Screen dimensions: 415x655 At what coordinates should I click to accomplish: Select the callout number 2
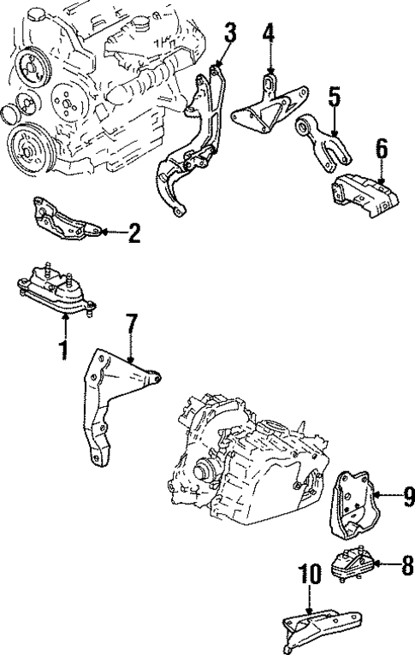(134, 233)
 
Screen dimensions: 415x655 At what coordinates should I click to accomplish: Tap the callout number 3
(230, 32)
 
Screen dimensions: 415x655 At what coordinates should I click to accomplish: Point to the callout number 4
(269, 32)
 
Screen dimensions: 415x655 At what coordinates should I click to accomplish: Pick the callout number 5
(335, 97)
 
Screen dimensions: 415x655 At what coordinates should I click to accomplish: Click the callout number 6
(382, 149)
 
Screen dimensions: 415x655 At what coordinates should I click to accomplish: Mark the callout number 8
(407, 565)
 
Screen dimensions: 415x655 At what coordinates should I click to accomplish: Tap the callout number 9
(408, 496)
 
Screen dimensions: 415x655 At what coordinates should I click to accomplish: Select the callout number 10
(310, 574)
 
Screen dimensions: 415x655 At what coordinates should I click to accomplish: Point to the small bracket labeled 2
(67, 219)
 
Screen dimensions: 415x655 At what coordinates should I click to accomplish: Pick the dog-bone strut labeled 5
(323, 143)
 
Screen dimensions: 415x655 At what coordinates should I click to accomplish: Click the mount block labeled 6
(365, 196)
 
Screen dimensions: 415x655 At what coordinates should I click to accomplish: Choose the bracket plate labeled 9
(353, 505)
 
